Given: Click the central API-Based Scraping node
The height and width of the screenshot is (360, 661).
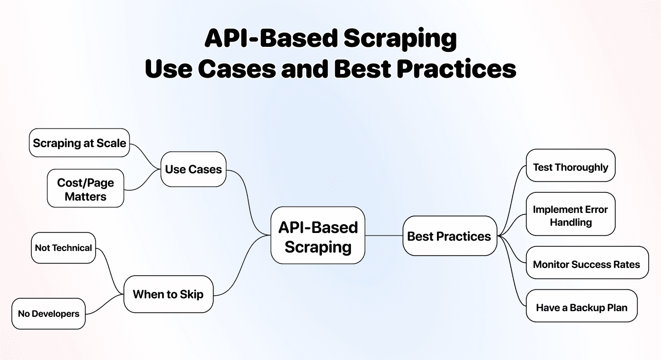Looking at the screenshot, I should [318, 237].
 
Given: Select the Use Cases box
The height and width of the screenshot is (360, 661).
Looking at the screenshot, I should [193, 169].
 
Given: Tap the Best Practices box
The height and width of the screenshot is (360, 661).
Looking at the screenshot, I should [449, 237].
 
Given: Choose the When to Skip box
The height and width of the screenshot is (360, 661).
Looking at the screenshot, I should [168, 295].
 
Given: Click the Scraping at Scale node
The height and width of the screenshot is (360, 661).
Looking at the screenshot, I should [79, 143].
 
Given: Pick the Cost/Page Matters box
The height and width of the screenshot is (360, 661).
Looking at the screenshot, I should [85, 189].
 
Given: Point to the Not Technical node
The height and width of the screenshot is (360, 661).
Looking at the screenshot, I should [63, 248].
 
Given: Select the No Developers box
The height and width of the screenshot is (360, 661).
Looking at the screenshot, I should [48, 314].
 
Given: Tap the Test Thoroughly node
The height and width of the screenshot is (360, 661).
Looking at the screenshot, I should [571, 167].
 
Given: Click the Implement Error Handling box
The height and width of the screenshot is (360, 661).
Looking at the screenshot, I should [571, 215].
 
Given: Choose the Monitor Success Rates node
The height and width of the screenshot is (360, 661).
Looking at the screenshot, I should [586, 264].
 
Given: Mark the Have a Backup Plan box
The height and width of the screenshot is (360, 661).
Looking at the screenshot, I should [581, 308].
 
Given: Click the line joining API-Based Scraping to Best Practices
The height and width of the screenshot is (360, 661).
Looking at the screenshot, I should [383, 236].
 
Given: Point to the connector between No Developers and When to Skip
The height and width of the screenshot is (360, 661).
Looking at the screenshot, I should [105, 304].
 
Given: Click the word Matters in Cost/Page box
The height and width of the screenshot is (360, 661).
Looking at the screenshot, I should [85, 196].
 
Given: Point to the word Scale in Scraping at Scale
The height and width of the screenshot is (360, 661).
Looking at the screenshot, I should [111, 143].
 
